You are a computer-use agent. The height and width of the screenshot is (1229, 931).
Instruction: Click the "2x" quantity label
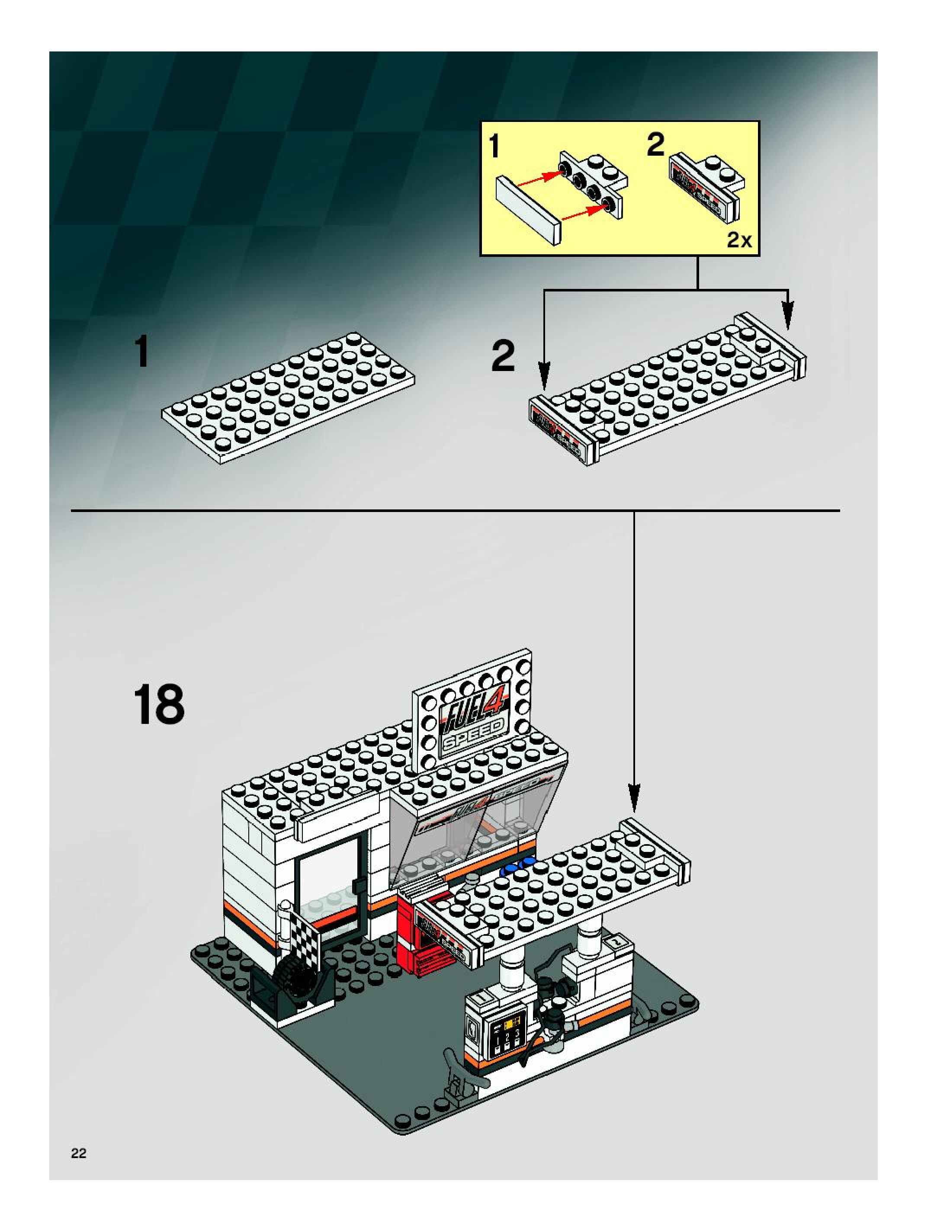click(739, 240)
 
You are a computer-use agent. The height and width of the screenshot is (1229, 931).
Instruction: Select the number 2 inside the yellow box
click(656, 144)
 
